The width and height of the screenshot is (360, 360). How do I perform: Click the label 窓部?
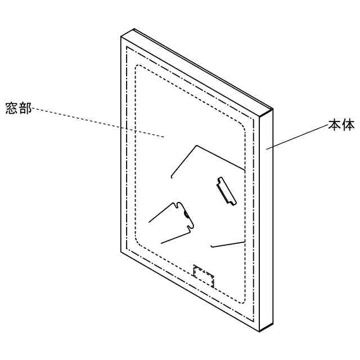point(18,108)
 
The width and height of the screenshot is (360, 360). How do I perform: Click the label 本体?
point(341,125)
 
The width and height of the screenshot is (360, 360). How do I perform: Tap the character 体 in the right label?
point(348,125)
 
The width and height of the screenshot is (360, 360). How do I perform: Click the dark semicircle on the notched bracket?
point(187,214)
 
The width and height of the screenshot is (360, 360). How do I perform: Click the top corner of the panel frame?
point(133,30)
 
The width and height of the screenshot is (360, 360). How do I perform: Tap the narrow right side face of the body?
point(268,219)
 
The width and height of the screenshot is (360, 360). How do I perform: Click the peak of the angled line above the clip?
point(196,146)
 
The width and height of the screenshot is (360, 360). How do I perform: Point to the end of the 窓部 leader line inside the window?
point(164,136)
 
